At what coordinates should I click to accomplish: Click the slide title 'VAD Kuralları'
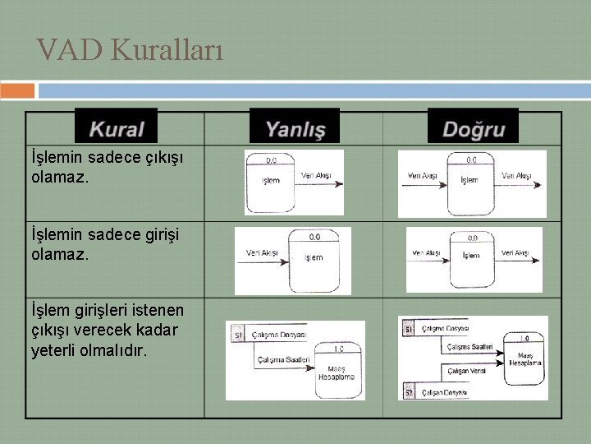pyautogui.click(x=130, y=51)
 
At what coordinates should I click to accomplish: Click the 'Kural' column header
pyautogui.click(x=116, y=129)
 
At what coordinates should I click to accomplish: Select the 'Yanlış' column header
pyautogui.click(x=295, y=129)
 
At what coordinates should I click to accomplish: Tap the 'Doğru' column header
pyautogui.click(x=474, y=129)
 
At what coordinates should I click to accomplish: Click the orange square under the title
pyautogui.click(x=17, y=90)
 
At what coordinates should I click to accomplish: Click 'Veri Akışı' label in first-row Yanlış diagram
pyautogui.click(x=316, y=175)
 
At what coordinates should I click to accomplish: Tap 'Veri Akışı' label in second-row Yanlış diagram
pyautogui.click(x=262, y=252)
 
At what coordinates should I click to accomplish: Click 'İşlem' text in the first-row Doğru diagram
pyautogui.click(x=470, y=179)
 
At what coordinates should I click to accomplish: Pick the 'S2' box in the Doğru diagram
pyautogui.click(x=409, y=393)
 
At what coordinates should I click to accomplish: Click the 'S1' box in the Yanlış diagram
pyautogui.click(x=237, y=335)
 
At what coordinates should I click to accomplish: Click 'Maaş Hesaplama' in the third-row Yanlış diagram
pyautogui.click(x=337, y=372)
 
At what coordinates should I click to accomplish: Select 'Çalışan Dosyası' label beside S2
pyautogui.click(x=443, y=393)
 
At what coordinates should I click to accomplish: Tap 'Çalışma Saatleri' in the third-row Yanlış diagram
pyautogui.click(x=283, y=359)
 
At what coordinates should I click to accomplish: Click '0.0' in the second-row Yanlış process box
pyautogui.click(x=314, y=237)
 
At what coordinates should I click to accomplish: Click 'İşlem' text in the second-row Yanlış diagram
pyautogui.click(x=314, y=257)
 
